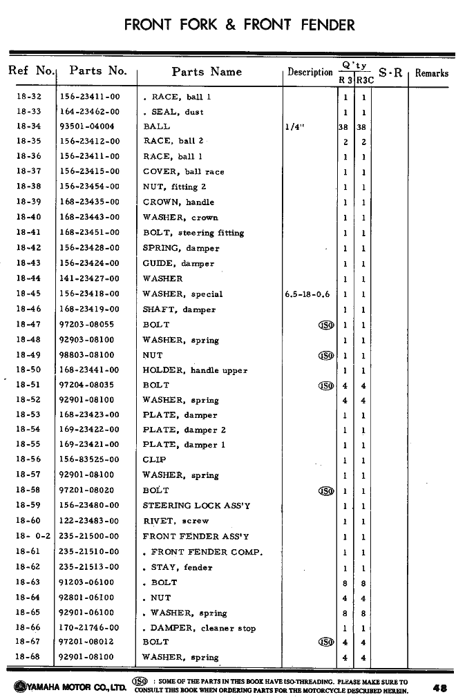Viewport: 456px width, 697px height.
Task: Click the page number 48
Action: point(439,688)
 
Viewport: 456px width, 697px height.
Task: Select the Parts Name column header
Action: point(207,72)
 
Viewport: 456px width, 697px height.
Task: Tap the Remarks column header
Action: point(431,73)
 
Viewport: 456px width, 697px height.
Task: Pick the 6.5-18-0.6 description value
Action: point(307,294)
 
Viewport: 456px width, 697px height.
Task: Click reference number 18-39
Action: point(28,202)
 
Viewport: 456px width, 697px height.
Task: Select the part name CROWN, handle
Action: point(178,202)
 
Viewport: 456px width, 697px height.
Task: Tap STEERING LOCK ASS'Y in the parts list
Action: point(196,506)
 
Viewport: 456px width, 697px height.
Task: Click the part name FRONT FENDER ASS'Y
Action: point(196,536)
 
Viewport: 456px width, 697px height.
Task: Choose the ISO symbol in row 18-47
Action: point(325,325)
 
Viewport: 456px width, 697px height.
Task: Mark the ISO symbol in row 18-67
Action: point(325,642)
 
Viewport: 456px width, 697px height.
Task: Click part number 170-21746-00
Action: point(89,628)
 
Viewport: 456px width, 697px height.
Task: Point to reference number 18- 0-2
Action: point(28,536)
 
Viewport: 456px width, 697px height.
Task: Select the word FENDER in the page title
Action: point(327,26)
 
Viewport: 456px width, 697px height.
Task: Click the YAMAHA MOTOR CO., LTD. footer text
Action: point(66,688)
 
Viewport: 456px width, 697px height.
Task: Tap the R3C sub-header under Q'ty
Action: point(365,80)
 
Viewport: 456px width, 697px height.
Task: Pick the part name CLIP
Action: point(154,459)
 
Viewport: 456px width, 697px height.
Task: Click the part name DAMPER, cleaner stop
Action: point(203,628)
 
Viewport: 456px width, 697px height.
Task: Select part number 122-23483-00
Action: point(89,521)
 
